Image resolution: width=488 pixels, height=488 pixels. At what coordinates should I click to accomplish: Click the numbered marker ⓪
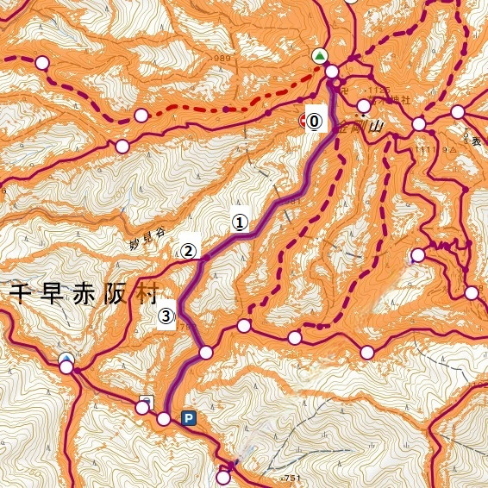[315, 122]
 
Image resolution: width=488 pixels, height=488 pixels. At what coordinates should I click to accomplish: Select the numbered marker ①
[240, 222]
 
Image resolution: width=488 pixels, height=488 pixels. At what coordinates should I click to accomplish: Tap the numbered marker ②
[189, 251]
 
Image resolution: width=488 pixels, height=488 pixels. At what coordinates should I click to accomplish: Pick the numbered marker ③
[167, 316]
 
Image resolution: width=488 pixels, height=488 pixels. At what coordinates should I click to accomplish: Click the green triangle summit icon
[321, 56]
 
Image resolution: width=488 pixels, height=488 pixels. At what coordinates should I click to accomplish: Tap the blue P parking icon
[189, 418]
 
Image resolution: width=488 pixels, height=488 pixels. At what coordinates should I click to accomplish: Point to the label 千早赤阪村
[83, 293]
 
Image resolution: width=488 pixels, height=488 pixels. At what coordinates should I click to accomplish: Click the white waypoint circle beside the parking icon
[164, 419]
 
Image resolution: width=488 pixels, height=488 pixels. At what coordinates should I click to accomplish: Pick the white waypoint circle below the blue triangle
[66, 368]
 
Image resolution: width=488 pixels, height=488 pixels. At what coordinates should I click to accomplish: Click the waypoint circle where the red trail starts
[141, 116]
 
